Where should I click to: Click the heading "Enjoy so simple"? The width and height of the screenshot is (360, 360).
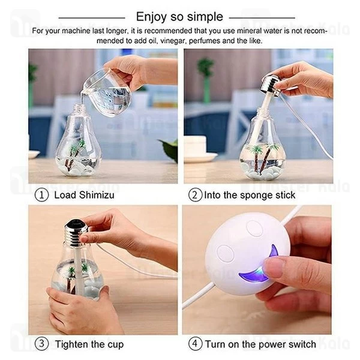coord(179,16)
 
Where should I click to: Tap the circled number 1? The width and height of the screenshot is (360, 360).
coord(41,194)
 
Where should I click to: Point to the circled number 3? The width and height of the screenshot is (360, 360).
coord(41,344)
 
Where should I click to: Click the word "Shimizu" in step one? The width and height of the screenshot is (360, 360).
coord(95,194)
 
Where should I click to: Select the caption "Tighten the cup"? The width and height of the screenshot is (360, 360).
coord(89,344)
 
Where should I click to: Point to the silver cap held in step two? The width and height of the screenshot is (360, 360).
coord(271,83)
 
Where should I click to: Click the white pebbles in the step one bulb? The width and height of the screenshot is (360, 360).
coord(78,169)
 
